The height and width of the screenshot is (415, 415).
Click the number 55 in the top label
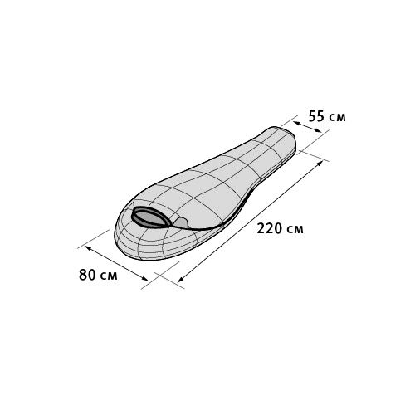pos(316,116)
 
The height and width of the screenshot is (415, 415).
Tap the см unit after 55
pos(337,118)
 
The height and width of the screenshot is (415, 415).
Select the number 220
pos(269,228)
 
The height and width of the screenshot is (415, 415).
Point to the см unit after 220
pos(295,230)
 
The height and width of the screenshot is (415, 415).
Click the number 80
pos(87,275)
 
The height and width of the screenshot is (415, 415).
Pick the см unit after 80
pos(109,276)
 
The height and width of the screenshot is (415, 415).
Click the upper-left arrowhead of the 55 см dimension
pos(295,123)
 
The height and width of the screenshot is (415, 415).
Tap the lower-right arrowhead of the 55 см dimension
pos(319,131)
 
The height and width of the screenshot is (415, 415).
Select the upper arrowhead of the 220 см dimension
pos(320,163)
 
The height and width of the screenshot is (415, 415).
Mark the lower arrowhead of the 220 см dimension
pos(181,280)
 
